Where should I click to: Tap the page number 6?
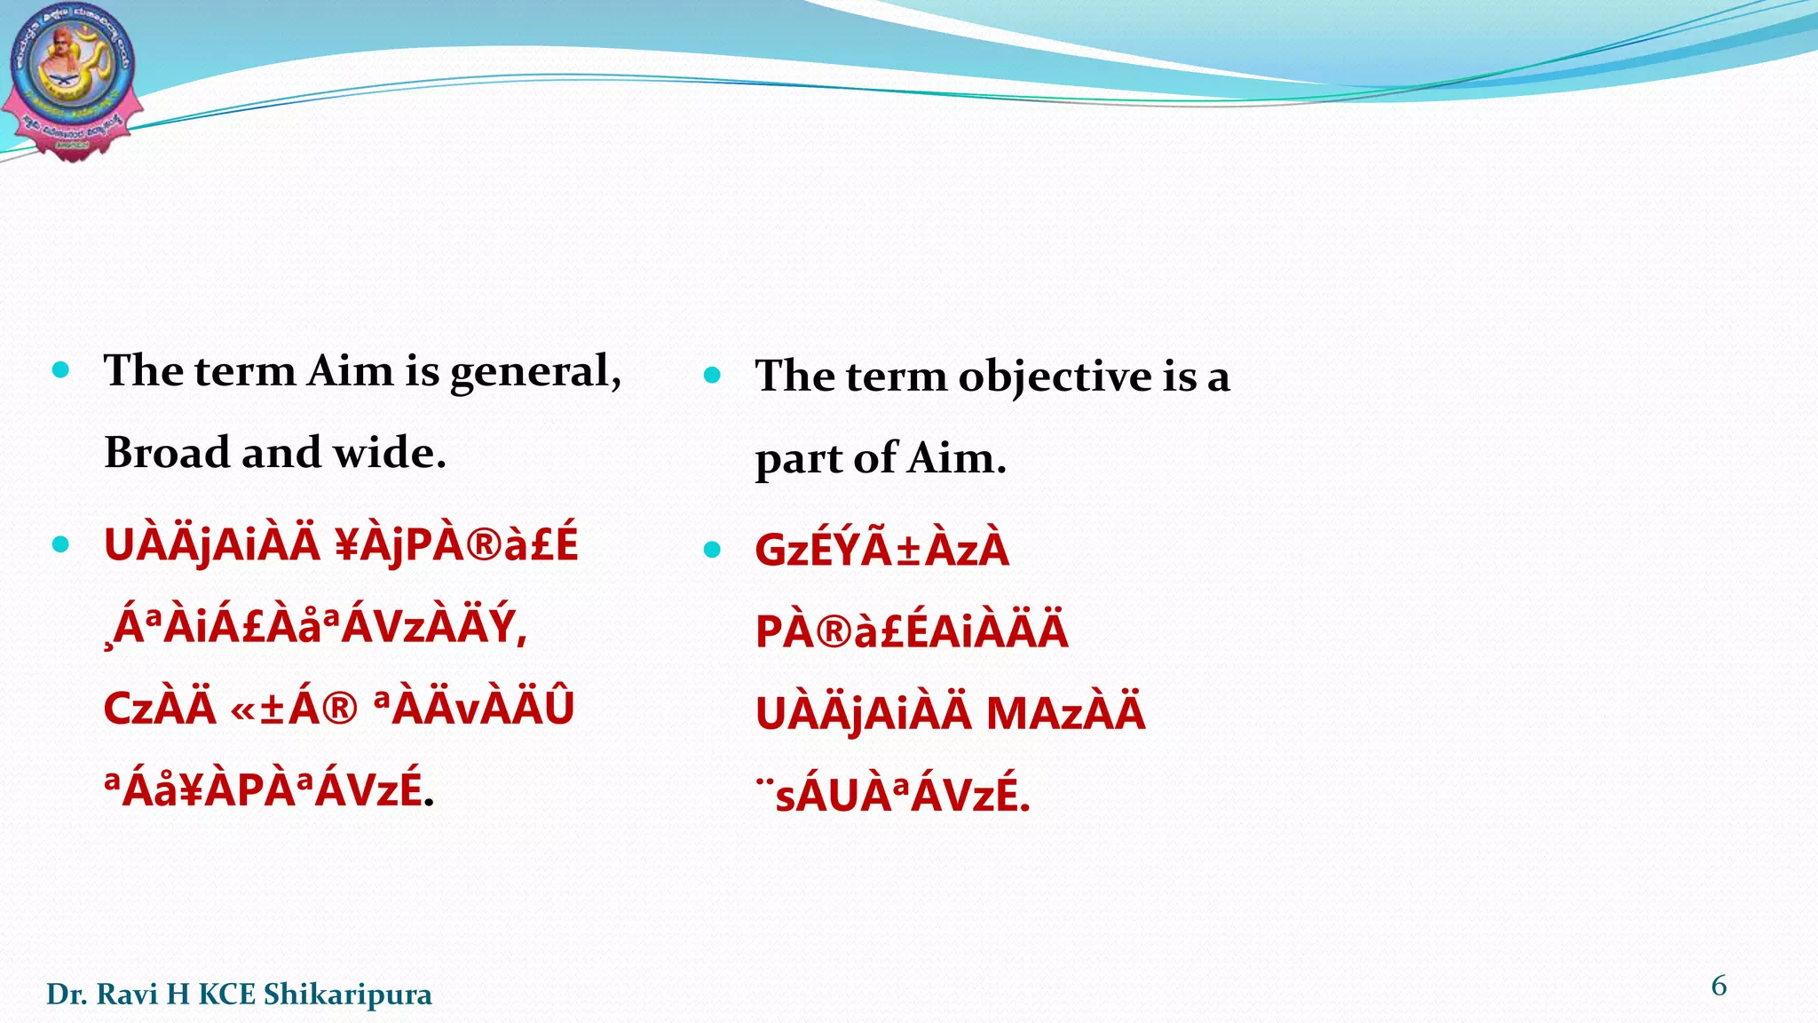tap(1719, 986)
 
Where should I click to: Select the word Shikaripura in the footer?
tap(348, 995)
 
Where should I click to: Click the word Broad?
tap(167, 453)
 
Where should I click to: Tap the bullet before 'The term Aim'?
tap(60, 369)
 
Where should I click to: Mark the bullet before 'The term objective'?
tap(712, 375)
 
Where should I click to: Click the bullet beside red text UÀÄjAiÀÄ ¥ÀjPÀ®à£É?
tap(60, 543)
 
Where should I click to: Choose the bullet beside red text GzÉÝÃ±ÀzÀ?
tap(712, 550)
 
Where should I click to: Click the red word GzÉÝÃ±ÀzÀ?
tap(881, 550)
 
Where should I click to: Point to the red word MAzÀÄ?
tap(1065, 714)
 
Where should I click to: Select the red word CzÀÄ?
tap(160, 709)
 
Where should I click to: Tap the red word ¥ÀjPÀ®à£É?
tap(457, 544)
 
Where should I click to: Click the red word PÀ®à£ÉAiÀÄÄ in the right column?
tap(912, 631)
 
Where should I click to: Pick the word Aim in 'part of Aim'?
tap(957, 459)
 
